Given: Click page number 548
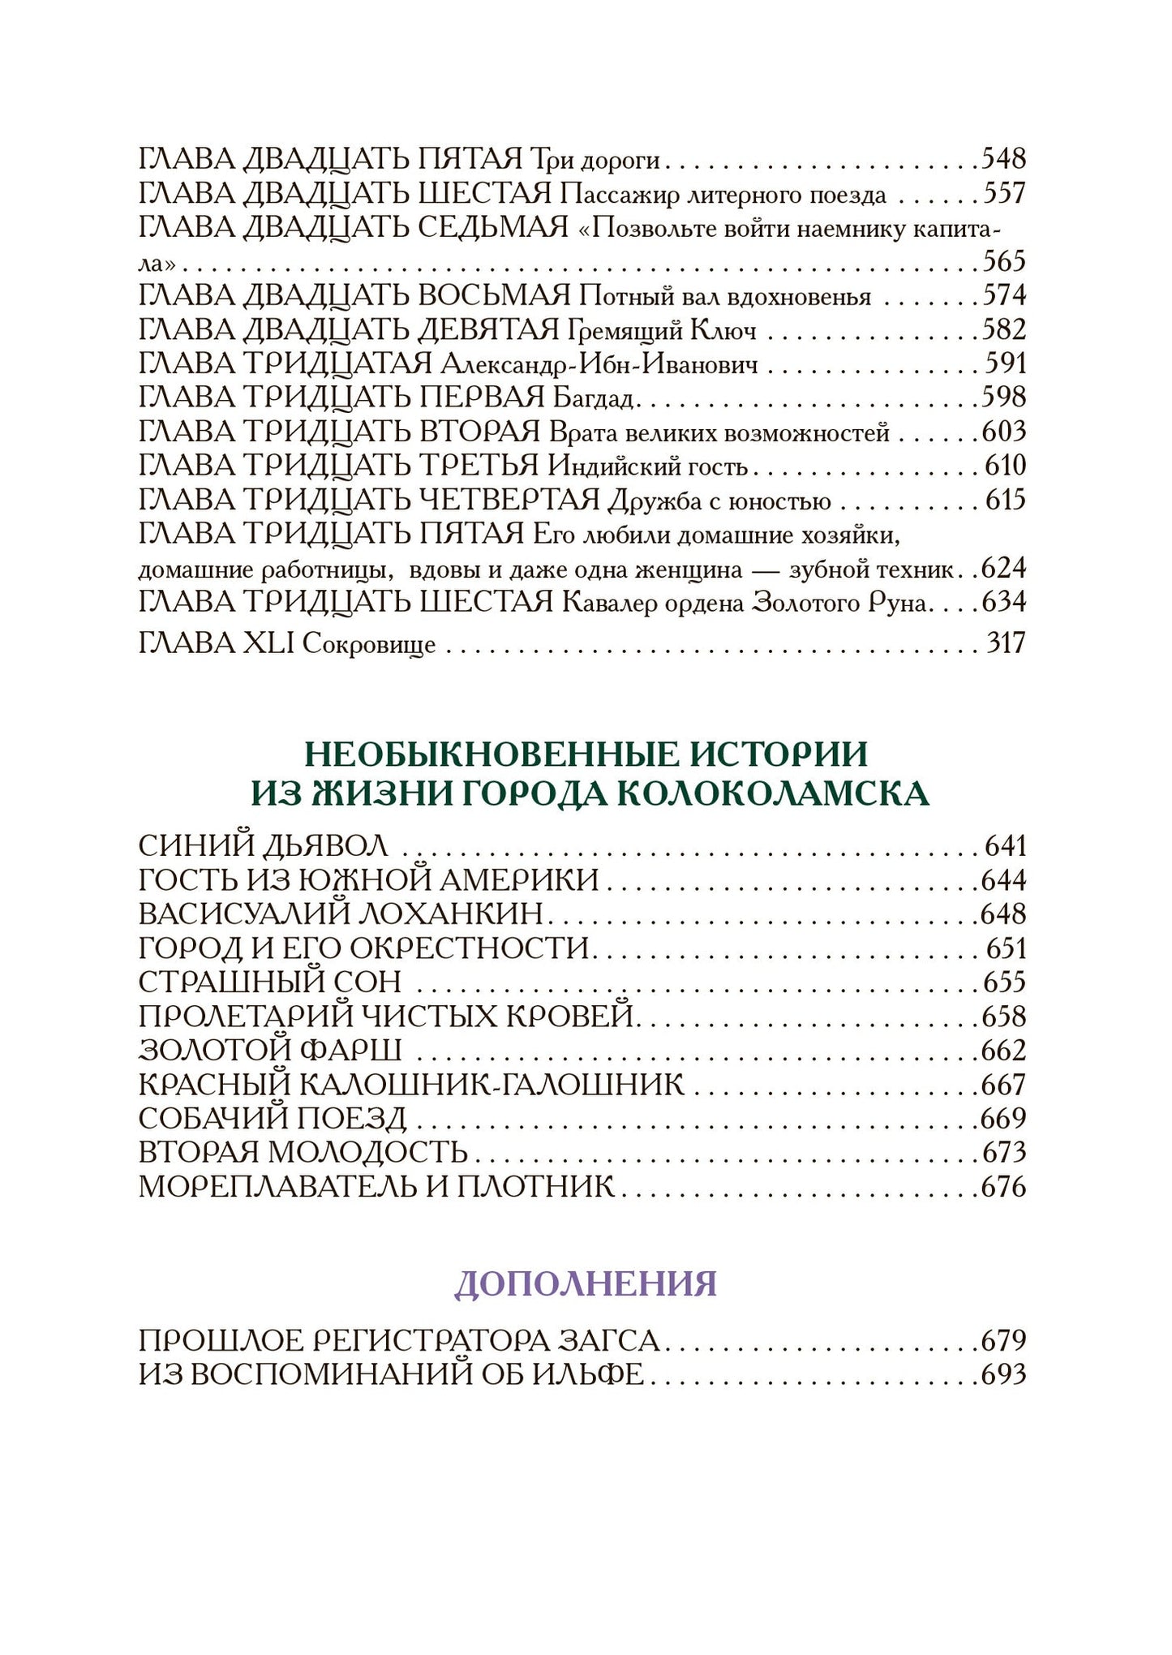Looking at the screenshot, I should (1003, 158).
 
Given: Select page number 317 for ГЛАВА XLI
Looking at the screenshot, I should (1006, 643).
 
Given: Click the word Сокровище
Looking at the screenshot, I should (369, 645).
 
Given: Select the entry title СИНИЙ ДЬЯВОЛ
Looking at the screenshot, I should (263, 846).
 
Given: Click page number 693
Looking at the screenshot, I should (1003, 1374).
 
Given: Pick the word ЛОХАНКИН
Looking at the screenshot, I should (449, 914).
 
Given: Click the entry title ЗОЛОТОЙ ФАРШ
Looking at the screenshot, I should (270, 1051).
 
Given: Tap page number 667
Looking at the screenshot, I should (1003, 1085).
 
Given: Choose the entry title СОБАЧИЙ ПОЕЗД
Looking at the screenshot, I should (272, 1119).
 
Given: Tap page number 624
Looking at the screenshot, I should (1003, 568).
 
